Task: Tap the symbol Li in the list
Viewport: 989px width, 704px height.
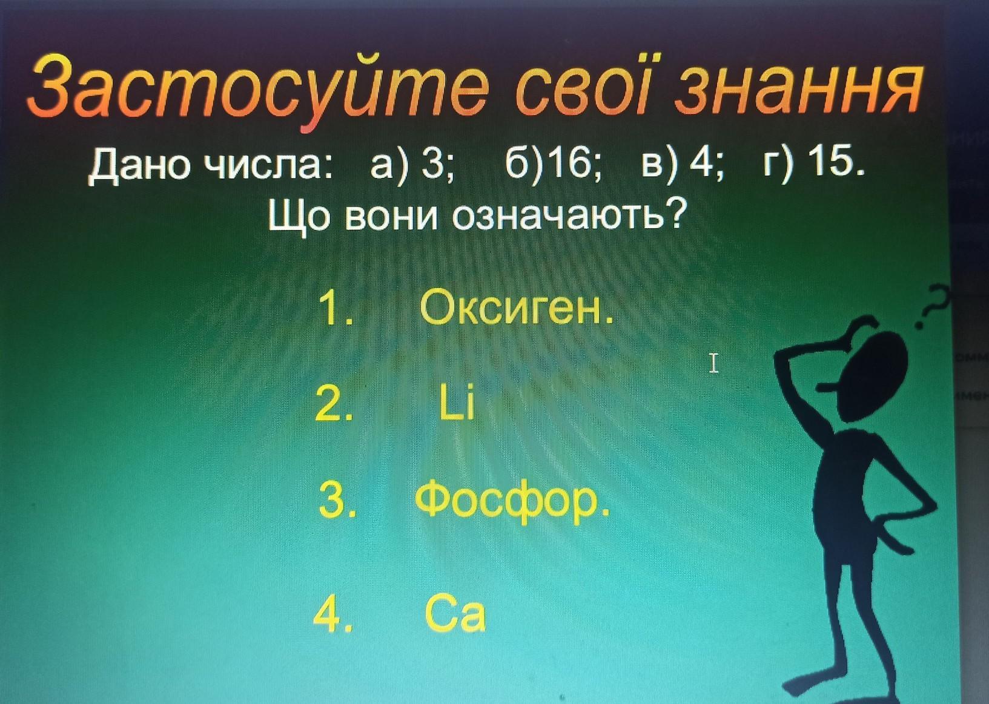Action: pos(457,403)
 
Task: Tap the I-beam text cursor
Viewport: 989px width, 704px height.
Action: pos(713,363)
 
